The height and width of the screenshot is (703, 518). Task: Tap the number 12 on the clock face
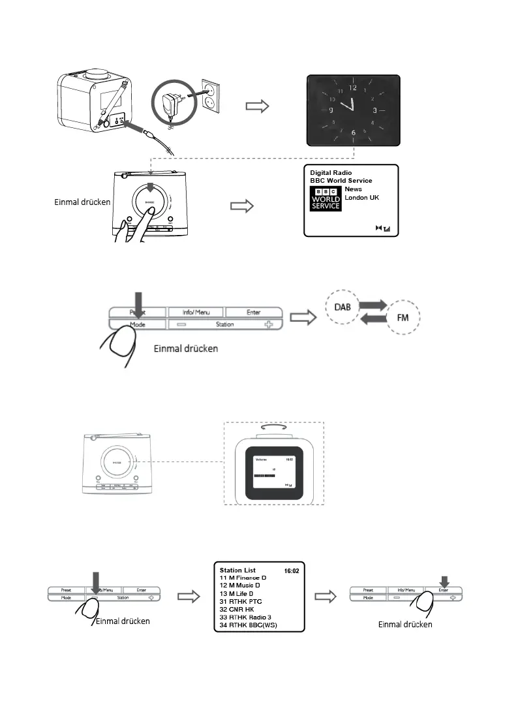[x=353, y=87]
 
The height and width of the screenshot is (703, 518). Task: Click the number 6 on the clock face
[x=353, y=133]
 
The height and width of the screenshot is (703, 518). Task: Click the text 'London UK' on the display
[x=361, y=197]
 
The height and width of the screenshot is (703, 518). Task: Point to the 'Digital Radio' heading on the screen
[x=331, y=173]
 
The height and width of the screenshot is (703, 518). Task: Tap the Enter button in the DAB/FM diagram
[x=254, y=312]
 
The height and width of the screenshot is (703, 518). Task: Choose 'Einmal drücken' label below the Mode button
[x=185, y=349]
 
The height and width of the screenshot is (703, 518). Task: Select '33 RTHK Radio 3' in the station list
[x=245, y=617]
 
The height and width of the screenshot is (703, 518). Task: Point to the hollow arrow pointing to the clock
[x=256, y=107]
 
